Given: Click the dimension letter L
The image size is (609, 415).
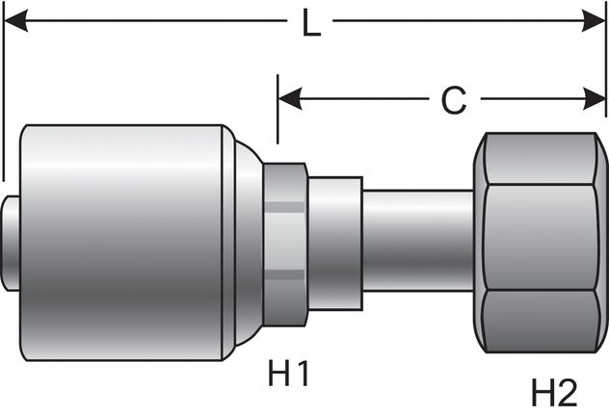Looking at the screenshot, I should click(x=310, y=24).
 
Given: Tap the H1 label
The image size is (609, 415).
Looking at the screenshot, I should click(x=290, y=373).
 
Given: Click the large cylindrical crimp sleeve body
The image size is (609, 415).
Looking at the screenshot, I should click(x=125, y=236).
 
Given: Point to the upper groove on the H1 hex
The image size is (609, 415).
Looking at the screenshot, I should click(x=285, y=205).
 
